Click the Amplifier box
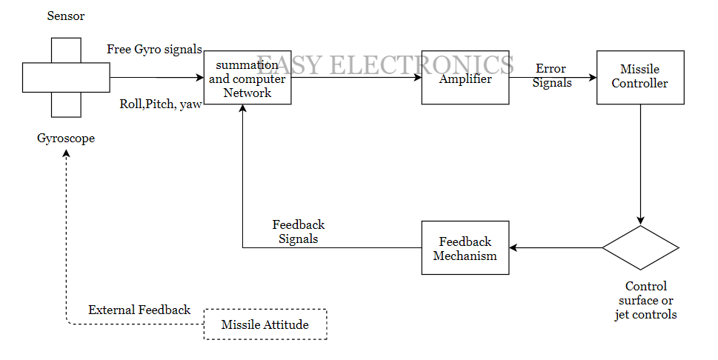pos(465,79)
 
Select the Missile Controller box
pos(640,77)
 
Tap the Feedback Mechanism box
pos(465,247)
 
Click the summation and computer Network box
pos(247,79)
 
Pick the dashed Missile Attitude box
pos(265,324)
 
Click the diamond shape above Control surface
pos(640,247)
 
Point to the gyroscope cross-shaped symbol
pos(66,77)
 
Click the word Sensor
pos(65,16)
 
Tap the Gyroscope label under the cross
pos(66,139)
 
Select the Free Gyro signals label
pos(155,50)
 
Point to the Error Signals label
pos(552,76)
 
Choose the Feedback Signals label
pos(299,232)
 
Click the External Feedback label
pos(139,310)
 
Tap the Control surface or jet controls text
pos(645,300)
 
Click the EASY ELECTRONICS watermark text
pos(385,64)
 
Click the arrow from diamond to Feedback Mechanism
pos(556,247)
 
